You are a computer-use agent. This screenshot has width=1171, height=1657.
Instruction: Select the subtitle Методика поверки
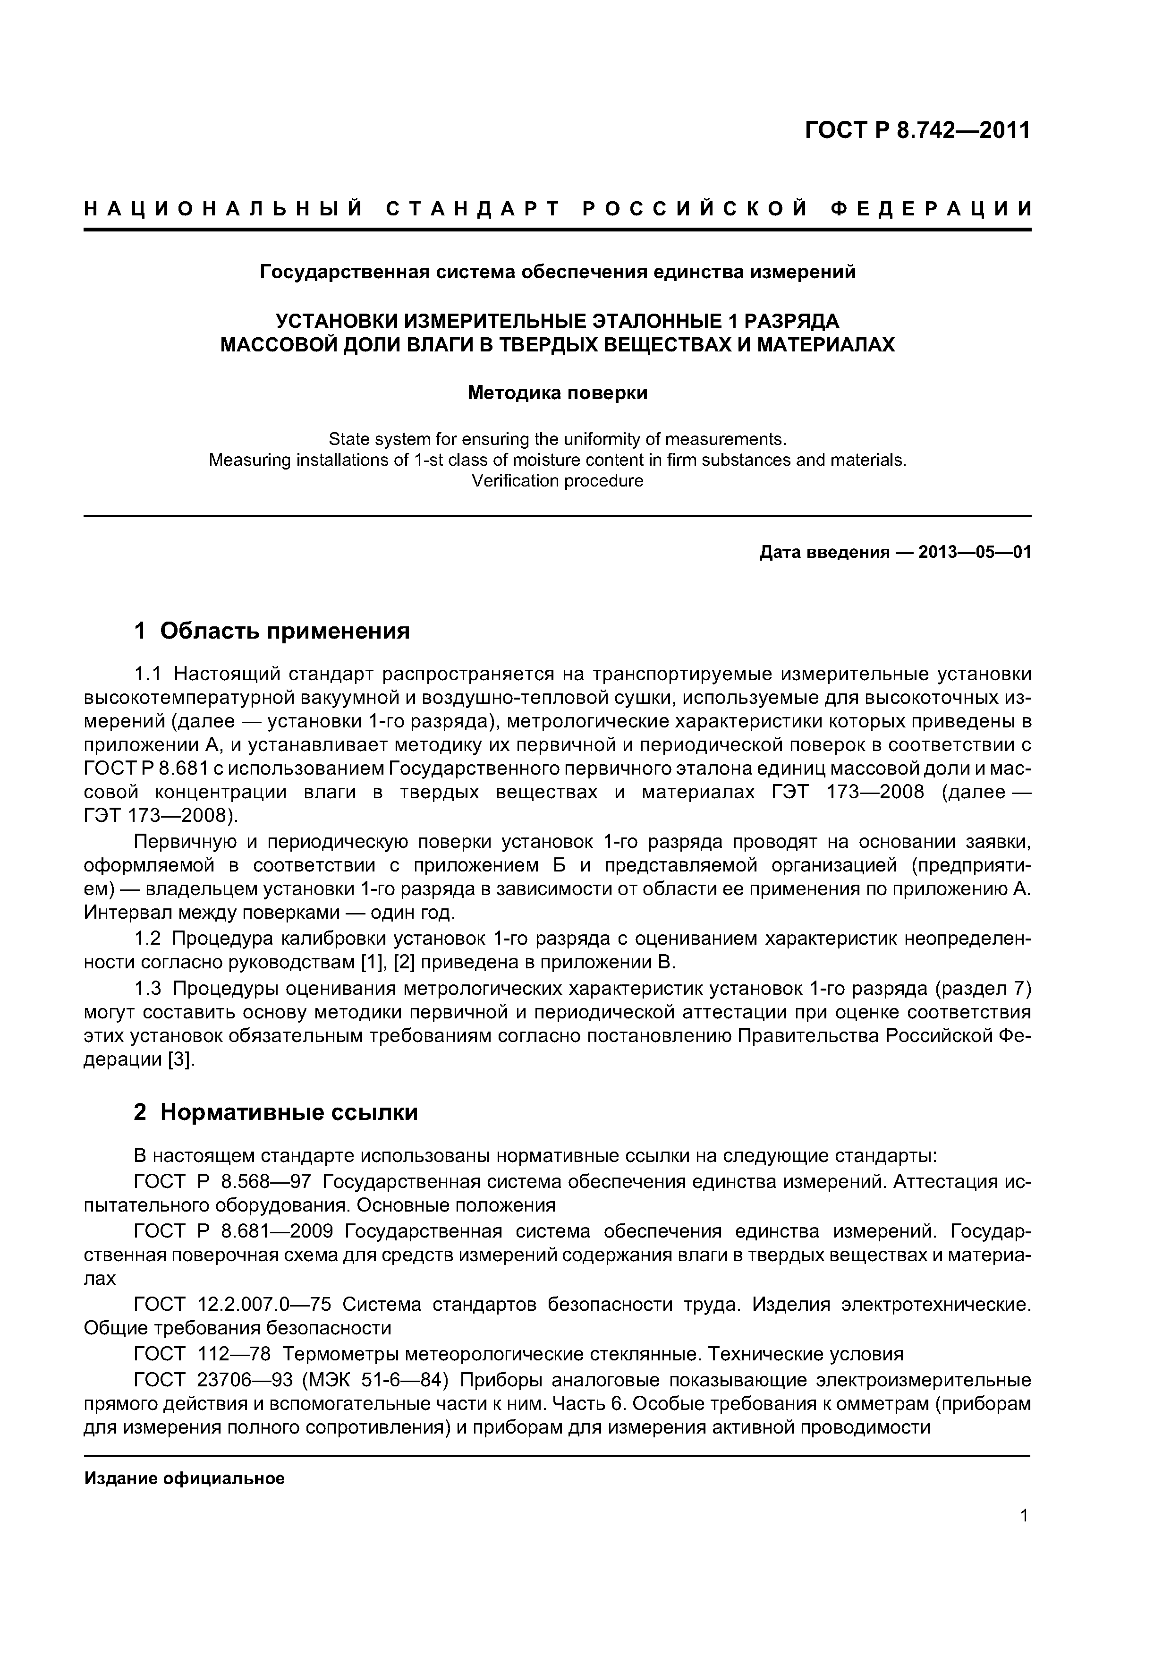[557, 393]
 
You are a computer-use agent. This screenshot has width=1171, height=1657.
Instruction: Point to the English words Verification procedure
[557, 481]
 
